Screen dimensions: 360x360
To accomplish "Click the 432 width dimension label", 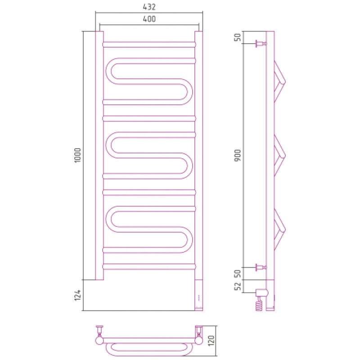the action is click(149, 7).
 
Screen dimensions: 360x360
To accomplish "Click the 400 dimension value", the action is click(149, 19).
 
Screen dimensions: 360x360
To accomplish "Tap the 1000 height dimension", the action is click(77, 155).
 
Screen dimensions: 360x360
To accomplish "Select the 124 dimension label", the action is click(77, 295).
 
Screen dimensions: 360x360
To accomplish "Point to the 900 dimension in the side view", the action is click(238, 155).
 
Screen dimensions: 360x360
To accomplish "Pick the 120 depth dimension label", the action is click(211, 341).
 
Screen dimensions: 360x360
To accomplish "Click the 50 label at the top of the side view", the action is click(238, 37).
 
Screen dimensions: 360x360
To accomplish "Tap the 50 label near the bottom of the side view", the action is click(238, 274).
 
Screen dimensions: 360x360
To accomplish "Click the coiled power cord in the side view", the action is click(259, 304).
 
